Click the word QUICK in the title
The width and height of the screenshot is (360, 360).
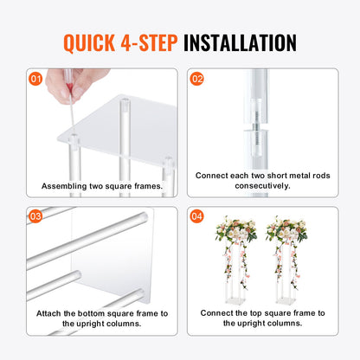[89, 43]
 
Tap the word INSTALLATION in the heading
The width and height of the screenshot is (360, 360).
[240, 43]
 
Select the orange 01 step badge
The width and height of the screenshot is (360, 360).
[35, 79]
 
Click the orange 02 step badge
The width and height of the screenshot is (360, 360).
[196, 79]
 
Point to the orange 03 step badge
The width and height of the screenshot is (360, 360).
[35, 216]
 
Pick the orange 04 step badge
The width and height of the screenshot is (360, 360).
[196, 216]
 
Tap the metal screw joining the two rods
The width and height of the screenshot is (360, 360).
[256, 126]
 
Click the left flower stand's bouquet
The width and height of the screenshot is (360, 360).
[236, 230]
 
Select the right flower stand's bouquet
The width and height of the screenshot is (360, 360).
[286, 230]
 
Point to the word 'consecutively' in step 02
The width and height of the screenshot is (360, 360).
[262, 186]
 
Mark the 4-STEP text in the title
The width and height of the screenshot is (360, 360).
[149, 43]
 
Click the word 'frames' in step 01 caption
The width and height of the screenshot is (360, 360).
[149, 186]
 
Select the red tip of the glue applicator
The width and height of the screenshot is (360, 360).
[69, 87]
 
